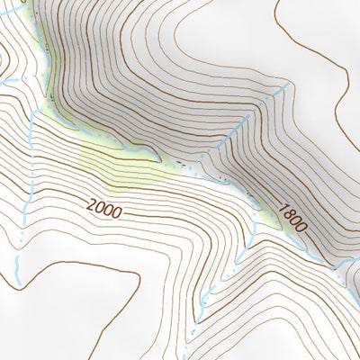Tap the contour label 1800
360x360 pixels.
pyautogui.click(x=292, y=218)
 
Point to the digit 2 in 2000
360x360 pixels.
pyautogui.click(x=91, y=204)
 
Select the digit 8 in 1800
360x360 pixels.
pyautogui.click(x=288, y=213)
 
